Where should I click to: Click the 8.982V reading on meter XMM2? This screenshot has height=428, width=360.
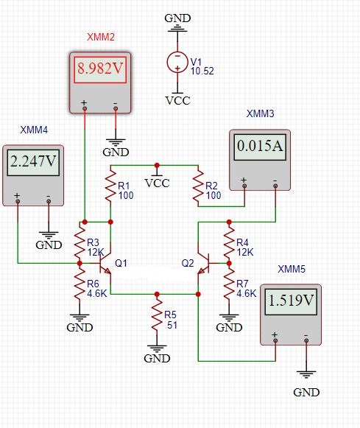point(100,69)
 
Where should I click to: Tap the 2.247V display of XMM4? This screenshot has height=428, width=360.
point(33,162)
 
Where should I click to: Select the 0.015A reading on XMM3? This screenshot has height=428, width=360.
point(260,147)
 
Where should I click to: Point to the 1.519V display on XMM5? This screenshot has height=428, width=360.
point(291,301)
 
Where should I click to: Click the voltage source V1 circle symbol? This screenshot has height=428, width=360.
point(177,62)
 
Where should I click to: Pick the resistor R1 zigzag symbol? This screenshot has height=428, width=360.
point(110,186)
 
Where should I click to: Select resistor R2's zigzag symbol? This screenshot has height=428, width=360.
point(198,186)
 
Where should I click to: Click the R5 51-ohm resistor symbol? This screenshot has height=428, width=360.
point(157,314)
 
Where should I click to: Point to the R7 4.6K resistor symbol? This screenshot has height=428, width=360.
point(229,284)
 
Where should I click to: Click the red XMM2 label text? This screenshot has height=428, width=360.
point(101,37)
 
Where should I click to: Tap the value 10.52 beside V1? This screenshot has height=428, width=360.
point(202,71)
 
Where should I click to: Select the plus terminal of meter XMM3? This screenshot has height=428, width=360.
point(244,186)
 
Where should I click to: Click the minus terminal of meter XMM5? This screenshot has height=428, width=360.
point(306,340)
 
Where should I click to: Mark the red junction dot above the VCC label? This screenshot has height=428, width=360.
point(157,165)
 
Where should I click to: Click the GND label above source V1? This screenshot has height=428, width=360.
point(177,18)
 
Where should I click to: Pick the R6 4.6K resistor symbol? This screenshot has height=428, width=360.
point(80,284)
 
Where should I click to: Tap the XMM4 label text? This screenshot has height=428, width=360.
point(34,130)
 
